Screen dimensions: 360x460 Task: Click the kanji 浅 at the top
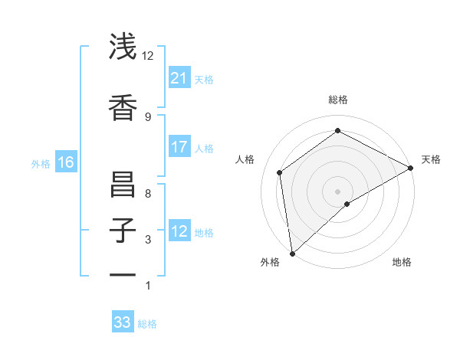(x=123, y=47)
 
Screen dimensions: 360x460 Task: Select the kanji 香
(x=123, y=108)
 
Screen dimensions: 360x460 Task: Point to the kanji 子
(x=123, y=231)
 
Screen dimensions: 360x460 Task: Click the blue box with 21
(x=179, y=77)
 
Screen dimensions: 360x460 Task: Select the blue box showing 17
(x=179, y=147)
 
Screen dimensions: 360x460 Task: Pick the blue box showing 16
(x=66, y=162)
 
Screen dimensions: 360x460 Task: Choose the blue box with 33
(x=123, y=322)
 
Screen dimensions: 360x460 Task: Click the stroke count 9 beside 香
(x=148, y=116)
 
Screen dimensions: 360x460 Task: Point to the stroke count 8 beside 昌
(x=148, y=193)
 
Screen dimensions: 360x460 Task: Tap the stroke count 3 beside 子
(x=148, y=240)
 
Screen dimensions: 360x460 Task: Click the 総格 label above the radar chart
(x=338, y=100)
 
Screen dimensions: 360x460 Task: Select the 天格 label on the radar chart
(x=431, y=159)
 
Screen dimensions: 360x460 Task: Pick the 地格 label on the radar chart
(x=402, y=262)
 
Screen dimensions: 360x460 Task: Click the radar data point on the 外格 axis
(x=292, y=253)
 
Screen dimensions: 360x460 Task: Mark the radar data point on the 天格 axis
(x=411, y=167)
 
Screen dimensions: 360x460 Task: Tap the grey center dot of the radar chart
(x=338, y=190)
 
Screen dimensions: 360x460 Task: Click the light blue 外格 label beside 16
(x=41, y=163)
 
